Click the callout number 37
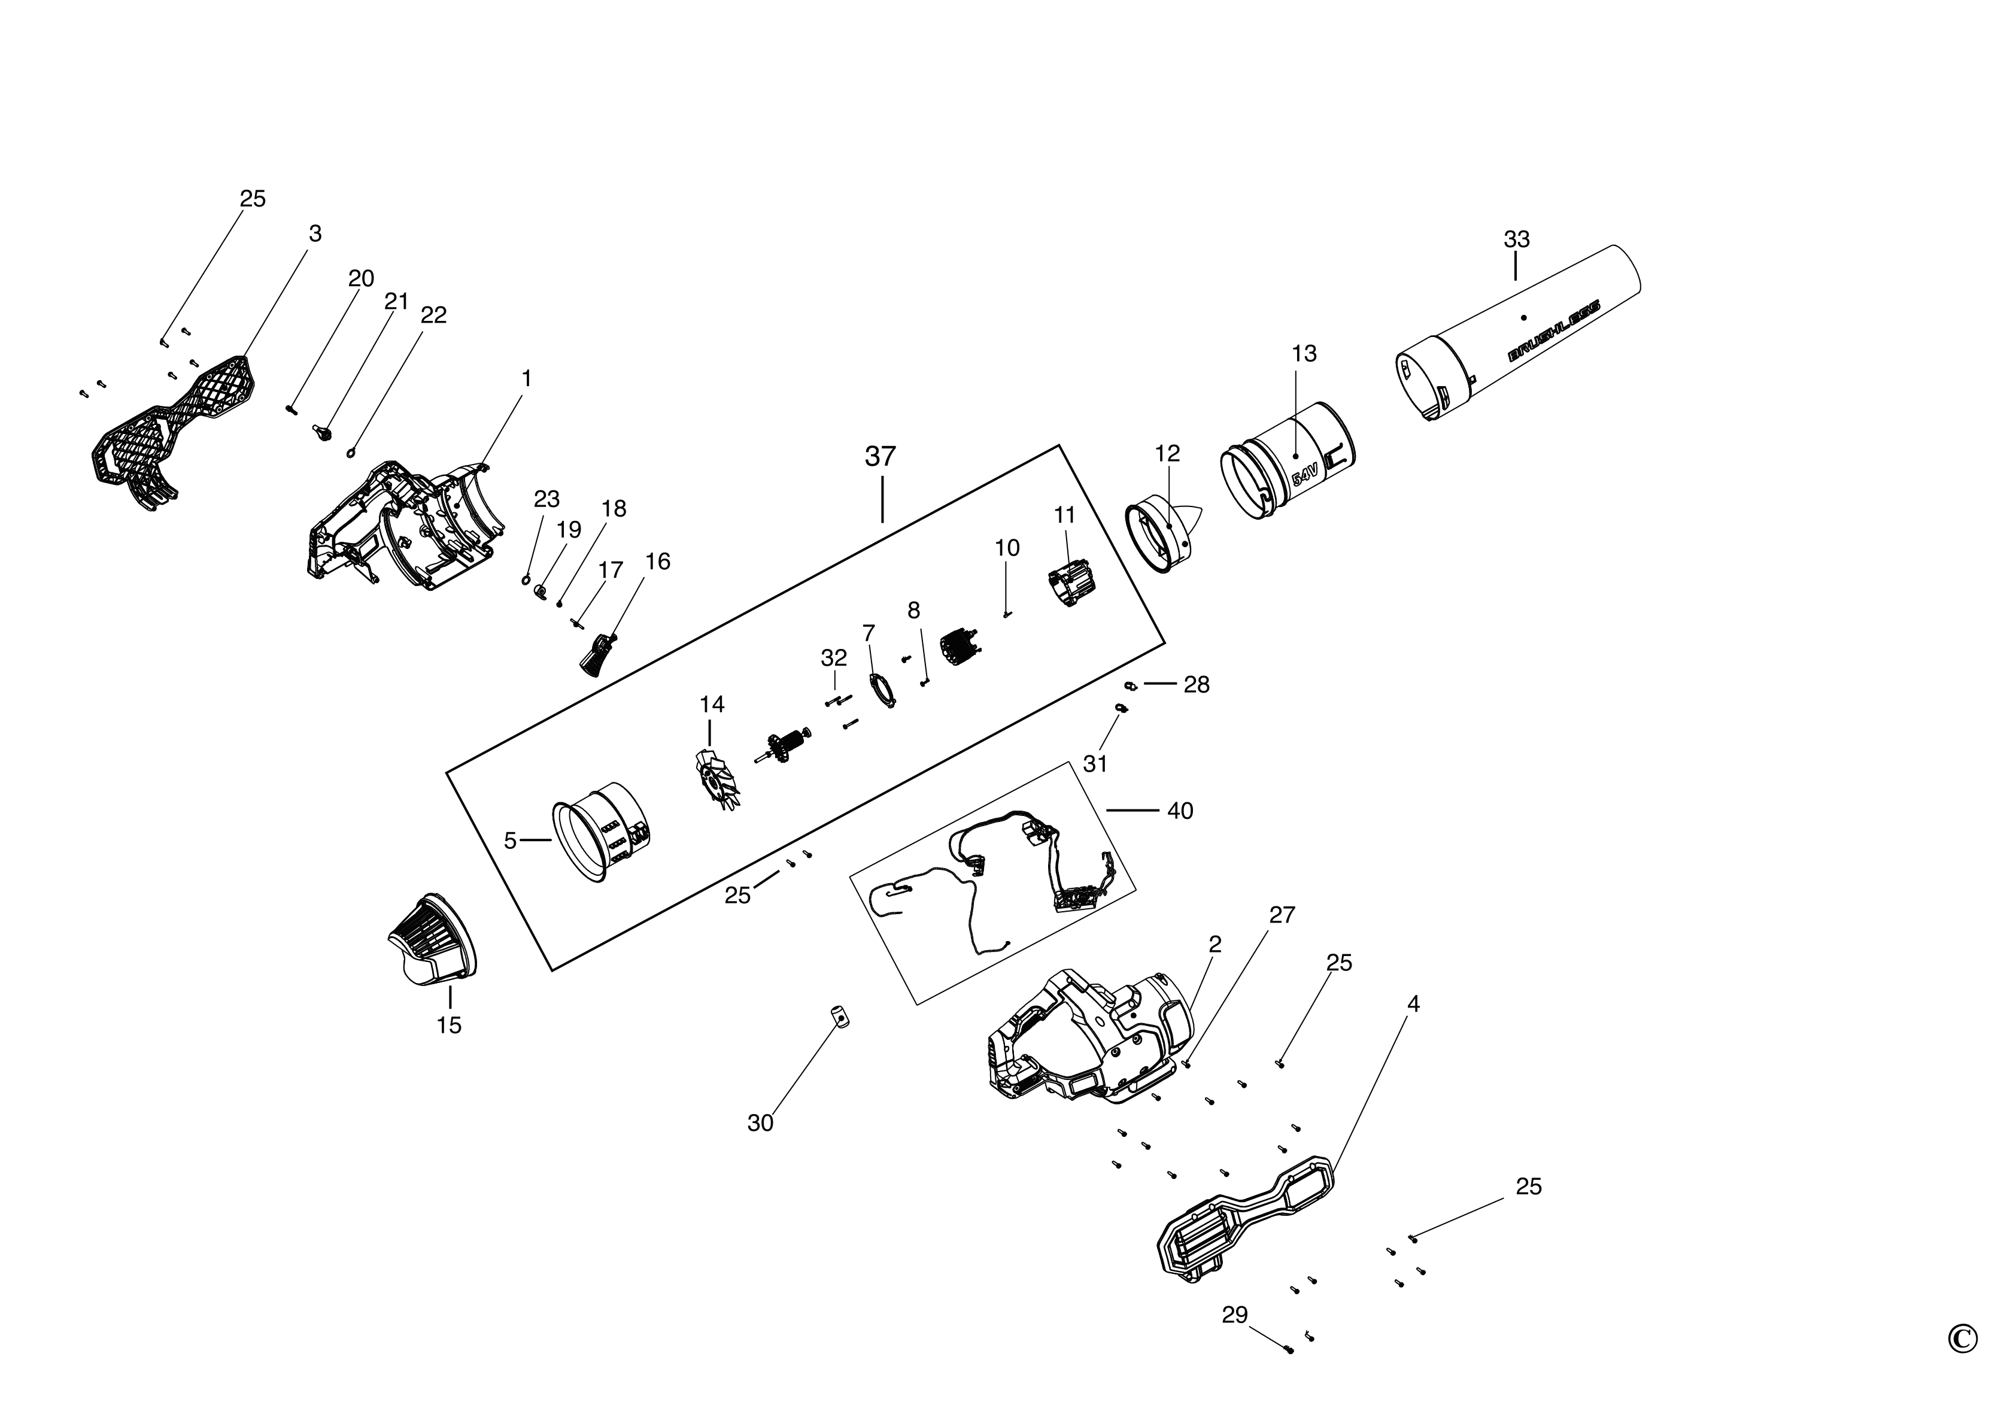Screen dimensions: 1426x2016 pos(880,457)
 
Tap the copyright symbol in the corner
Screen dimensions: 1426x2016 pos(1962,1364)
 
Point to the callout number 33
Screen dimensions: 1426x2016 pos(1516,239)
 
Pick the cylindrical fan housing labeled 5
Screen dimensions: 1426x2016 pos(602,828)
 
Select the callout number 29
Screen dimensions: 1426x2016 pos(1234,1315)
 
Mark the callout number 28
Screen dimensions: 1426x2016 pos(1196,684)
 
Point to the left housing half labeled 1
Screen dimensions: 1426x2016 pos(404,527)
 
